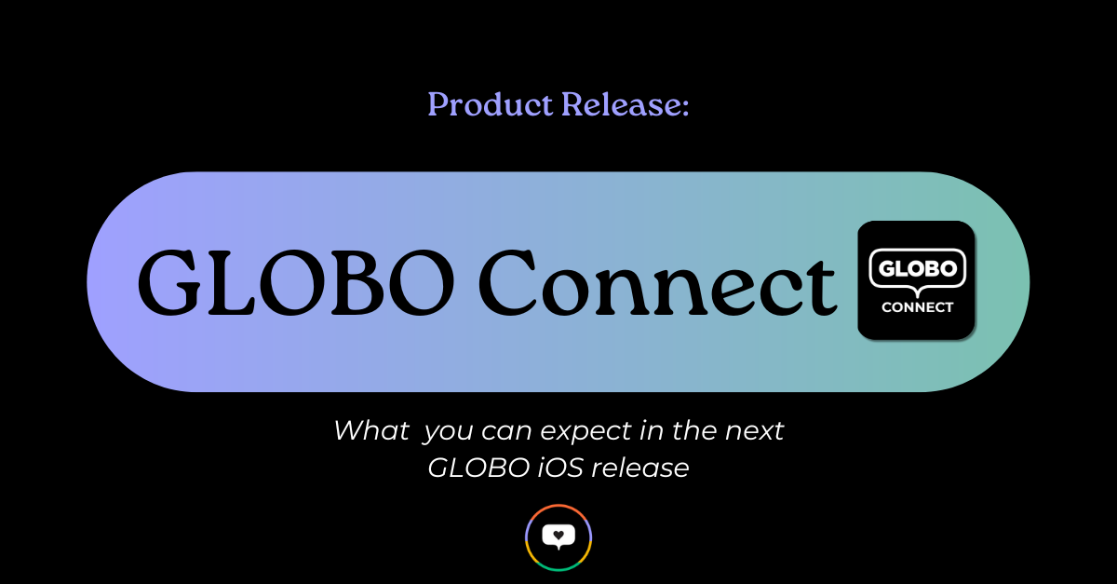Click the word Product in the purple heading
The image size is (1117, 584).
pyautogui.click(x=491, y=105)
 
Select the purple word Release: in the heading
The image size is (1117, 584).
pyautogui.click(x=626, y=105)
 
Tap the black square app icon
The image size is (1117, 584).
pyautogui.click(x=916, y=279)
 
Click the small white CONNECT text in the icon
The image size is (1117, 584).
pyautogui.click(x=917, y=307)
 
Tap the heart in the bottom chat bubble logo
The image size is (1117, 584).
pyautogui.click(x=558, y=536)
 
